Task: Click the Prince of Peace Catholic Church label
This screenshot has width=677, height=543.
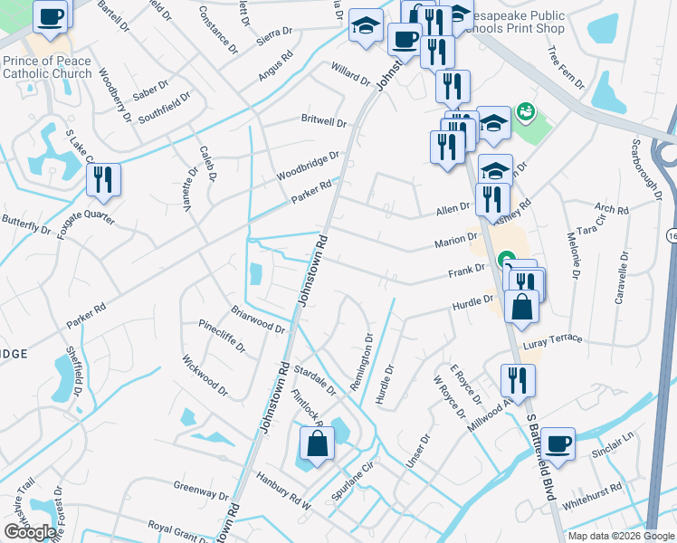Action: [47, 67]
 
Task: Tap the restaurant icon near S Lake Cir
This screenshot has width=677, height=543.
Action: [103, 179]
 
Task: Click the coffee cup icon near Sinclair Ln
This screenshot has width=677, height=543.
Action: [558, 444]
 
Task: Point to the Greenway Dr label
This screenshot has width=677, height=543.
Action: [201, 494]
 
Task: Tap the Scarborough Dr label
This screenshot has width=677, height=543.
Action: [647, 170]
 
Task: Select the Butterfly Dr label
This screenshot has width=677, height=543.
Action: [26, 226]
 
